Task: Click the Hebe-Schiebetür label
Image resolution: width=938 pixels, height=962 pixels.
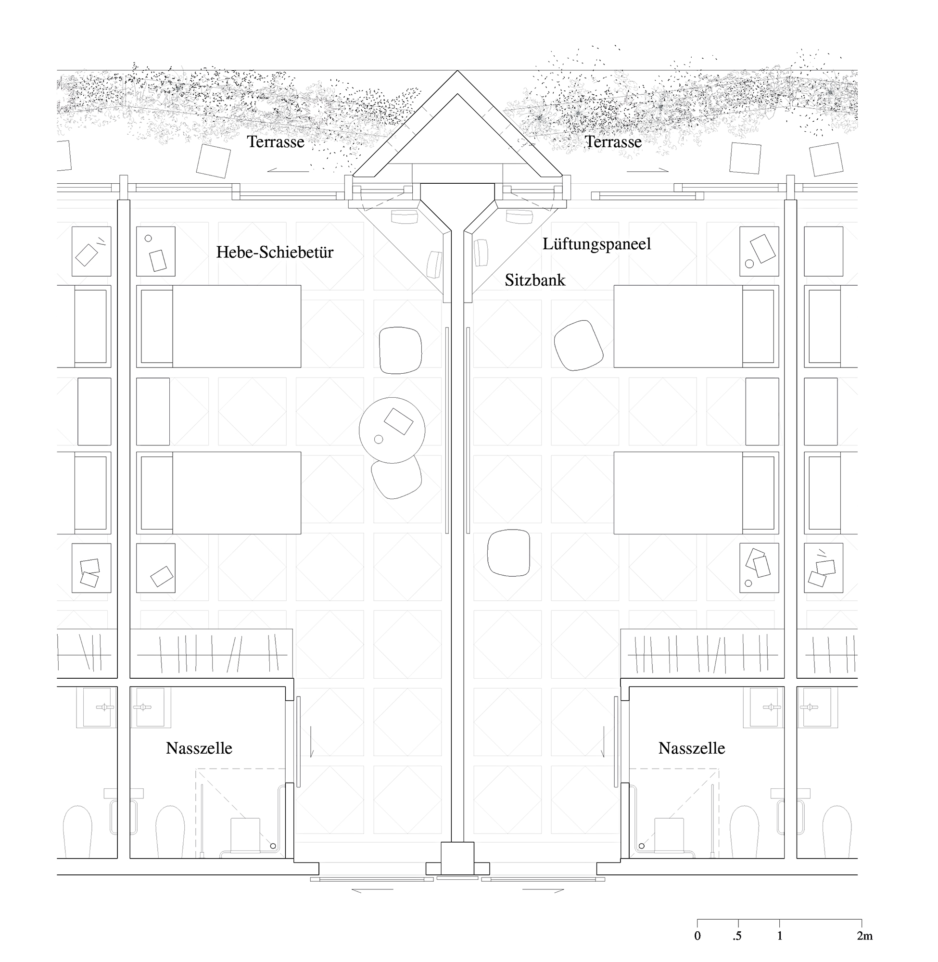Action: click(274, 252)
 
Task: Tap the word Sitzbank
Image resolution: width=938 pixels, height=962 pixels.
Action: click(535, 280)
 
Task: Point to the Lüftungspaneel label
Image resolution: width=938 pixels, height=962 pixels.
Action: click(596, 244)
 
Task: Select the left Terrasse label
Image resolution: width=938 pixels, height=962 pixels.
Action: click(276, 142)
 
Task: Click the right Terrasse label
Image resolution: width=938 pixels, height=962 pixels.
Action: click(613, 142)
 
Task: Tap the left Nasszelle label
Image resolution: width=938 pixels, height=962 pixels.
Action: click(199, 748)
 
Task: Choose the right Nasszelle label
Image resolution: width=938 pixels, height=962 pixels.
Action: click(692, 748)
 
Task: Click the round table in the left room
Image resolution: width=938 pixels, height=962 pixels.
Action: click(392, 430)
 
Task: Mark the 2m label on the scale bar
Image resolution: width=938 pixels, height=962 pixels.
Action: click(864, 936)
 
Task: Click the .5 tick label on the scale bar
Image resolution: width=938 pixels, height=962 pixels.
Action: click(737, 936)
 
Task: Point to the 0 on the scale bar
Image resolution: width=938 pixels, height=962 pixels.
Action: click(697, 936)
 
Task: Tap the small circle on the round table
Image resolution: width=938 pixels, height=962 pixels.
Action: click(379, 439)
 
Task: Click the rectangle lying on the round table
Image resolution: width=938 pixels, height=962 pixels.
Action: click(399, 421)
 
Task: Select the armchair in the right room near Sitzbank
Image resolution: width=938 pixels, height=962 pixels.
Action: click(578, 345)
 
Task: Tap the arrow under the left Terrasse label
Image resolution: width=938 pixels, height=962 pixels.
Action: click(288, 171)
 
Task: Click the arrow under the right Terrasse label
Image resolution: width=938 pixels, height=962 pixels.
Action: click(647, 171)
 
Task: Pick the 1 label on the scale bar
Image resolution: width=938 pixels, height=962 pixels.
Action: click(779, 936)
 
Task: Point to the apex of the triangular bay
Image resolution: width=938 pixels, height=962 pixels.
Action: click(457, 70)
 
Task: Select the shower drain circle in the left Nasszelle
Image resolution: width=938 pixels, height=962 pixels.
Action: click(272, 846)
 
